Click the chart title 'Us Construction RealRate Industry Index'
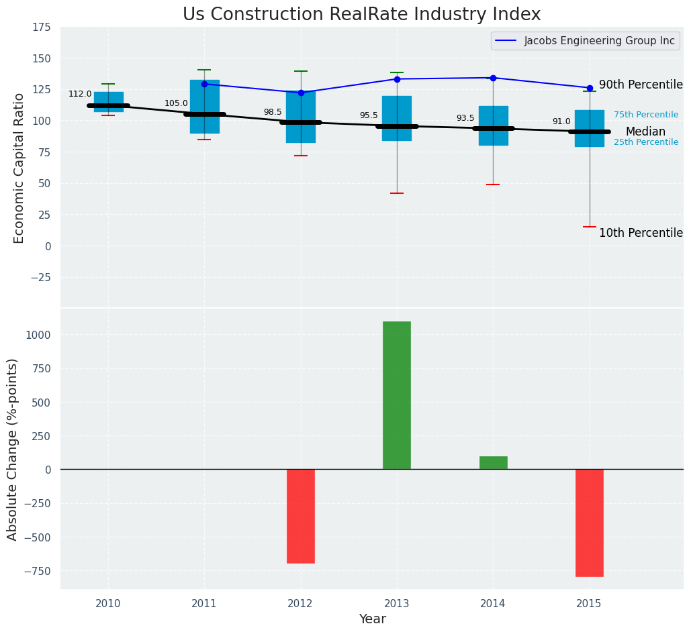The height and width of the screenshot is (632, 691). [x=361, y=15]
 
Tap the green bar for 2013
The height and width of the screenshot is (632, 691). [x=397, y=395]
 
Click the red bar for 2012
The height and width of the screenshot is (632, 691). [x=301, y=516]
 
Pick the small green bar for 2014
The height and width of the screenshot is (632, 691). [x=493, y=463]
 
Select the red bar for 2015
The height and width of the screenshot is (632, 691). [x=590, y=523]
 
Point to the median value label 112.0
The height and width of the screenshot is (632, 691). [x=80, y=94]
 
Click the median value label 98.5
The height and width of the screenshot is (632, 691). [x=273, y=112]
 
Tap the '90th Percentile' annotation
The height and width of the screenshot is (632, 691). [x=641, y=85]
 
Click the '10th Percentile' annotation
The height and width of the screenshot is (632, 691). [x=641, y=233]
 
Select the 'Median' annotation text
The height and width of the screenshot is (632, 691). [x=645, y=132]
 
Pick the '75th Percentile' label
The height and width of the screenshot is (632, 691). [x=646, y=115]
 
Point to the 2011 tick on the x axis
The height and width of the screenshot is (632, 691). [x=204, y=603]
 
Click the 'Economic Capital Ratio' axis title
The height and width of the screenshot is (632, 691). [x=19, y=168]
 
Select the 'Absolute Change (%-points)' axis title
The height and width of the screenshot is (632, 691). [x=13, y=449]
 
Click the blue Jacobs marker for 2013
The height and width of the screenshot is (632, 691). [x=397, y=79]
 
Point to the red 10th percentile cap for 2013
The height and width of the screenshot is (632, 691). [x=397, y=193]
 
